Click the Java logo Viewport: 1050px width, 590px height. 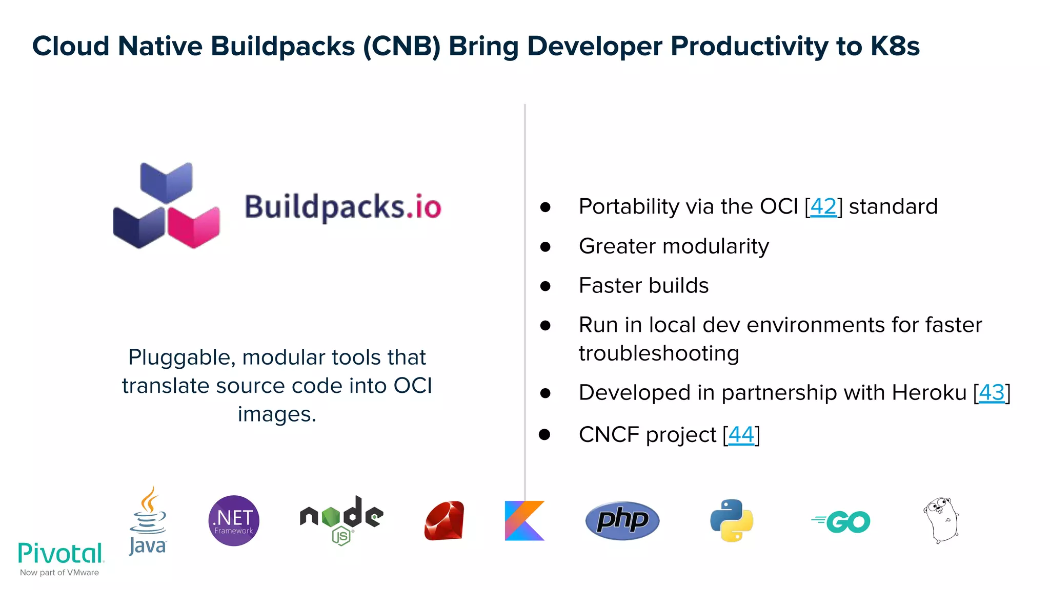[148, 521]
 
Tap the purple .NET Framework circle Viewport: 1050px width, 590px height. [234, 520]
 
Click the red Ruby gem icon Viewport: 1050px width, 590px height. [445, 521]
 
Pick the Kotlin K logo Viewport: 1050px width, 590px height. [524, 521]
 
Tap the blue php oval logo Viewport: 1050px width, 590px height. [622, 520]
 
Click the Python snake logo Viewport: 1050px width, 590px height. [732, 520]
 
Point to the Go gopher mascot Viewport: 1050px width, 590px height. [941, 520]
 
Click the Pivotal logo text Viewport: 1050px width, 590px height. [60, 554]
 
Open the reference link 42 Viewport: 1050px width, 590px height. [823, 206]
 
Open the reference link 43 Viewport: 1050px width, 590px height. [992, 393]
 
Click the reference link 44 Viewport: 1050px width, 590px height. [741, 435]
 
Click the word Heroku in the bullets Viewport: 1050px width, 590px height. [929, 393]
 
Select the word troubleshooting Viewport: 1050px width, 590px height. [659, 353]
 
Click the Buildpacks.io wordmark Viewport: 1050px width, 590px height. [342, 207]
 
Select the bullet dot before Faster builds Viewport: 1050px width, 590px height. [545, 286]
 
